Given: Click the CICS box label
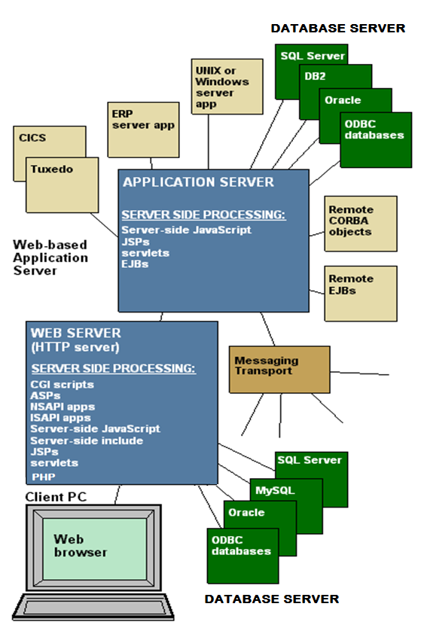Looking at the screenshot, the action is pyautogui.click(x=32, y=138).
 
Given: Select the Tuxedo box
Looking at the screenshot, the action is pyautogui.click(x=62, y=184).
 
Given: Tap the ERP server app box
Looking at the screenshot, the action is pyautogui.click(x=143, y=130).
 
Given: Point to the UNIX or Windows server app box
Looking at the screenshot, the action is pyautogui.click(x=227, y=87).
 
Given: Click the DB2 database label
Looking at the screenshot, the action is pyautogui.click(x=315, y=76).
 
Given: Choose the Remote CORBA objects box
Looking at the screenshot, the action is pyautogui.click(x=361, y=224).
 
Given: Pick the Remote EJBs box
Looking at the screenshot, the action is pyautogui.click(x=361, y=293).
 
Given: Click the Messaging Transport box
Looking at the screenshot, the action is pyautogui.click(x=279, y=369).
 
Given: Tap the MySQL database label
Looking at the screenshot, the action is pyautogui.click(x=275, y=490).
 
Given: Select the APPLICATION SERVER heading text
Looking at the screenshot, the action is pyautogui.click(x=198, y=182).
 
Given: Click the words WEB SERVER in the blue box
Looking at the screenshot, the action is pyautogui.click(x=76, y=333).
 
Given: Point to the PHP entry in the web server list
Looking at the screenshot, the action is pyautogui.click(x=43, y=477).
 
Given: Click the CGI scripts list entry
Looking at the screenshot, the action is pyautogui.click(x=62, y=385).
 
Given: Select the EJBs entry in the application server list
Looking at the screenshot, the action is pyautogui.click(x=135, y=264).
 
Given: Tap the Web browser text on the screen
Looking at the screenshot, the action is pyautogui.click(x=80, y=545).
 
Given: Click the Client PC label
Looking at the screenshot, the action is pyautogui.click(x=56, y=497).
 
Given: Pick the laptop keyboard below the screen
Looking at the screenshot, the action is pyautogui.click(x=93, y=607).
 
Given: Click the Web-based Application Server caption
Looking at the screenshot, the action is pyautogui.click(x=50, y=258).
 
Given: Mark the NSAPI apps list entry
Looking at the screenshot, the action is pyautogui.click(x=63, y=407).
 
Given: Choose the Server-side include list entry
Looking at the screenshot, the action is pyautogui.click(x=87, y=441).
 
